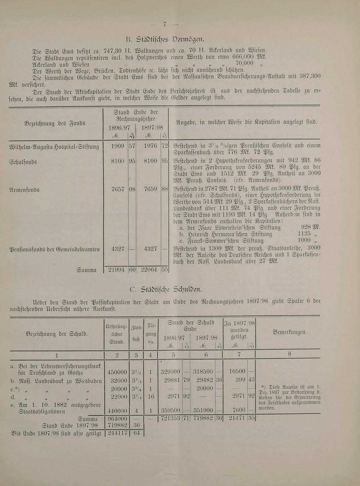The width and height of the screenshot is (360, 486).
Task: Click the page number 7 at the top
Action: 165,24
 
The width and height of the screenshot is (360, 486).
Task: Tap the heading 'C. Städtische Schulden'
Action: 166,289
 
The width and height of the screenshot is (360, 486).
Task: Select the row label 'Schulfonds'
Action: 23,162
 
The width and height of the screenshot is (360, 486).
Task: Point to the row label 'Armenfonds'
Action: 24,189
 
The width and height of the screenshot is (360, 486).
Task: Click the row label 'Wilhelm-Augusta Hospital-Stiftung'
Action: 54,147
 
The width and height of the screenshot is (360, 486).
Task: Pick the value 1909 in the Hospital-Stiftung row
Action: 118,146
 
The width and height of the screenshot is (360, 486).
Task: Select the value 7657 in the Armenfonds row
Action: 118,189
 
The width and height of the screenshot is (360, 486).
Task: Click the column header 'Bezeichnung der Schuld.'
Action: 57,334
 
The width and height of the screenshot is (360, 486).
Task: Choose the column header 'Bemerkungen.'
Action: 290,332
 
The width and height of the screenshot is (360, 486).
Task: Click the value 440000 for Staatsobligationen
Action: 117,411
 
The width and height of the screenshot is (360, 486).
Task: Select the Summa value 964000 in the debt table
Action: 117,419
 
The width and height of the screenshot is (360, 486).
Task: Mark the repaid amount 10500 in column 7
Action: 237,372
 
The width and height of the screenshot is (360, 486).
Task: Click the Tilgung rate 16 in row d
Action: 150,396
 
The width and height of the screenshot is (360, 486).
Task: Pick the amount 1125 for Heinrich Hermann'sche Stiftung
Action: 304,234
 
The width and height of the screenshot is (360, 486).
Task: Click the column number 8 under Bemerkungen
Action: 289,354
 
